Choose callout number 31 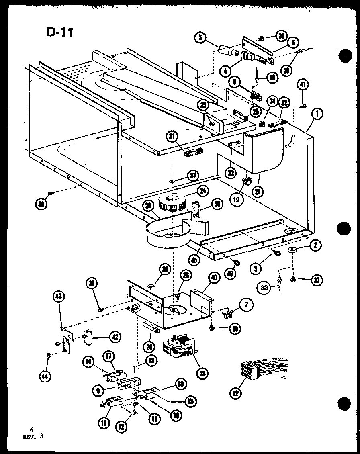coord(173,138)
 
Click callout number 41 coord(303,85)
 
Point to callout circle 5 coord(199,38)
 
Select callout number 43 coord(58,297)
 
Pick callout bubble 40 coord(214,278)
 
